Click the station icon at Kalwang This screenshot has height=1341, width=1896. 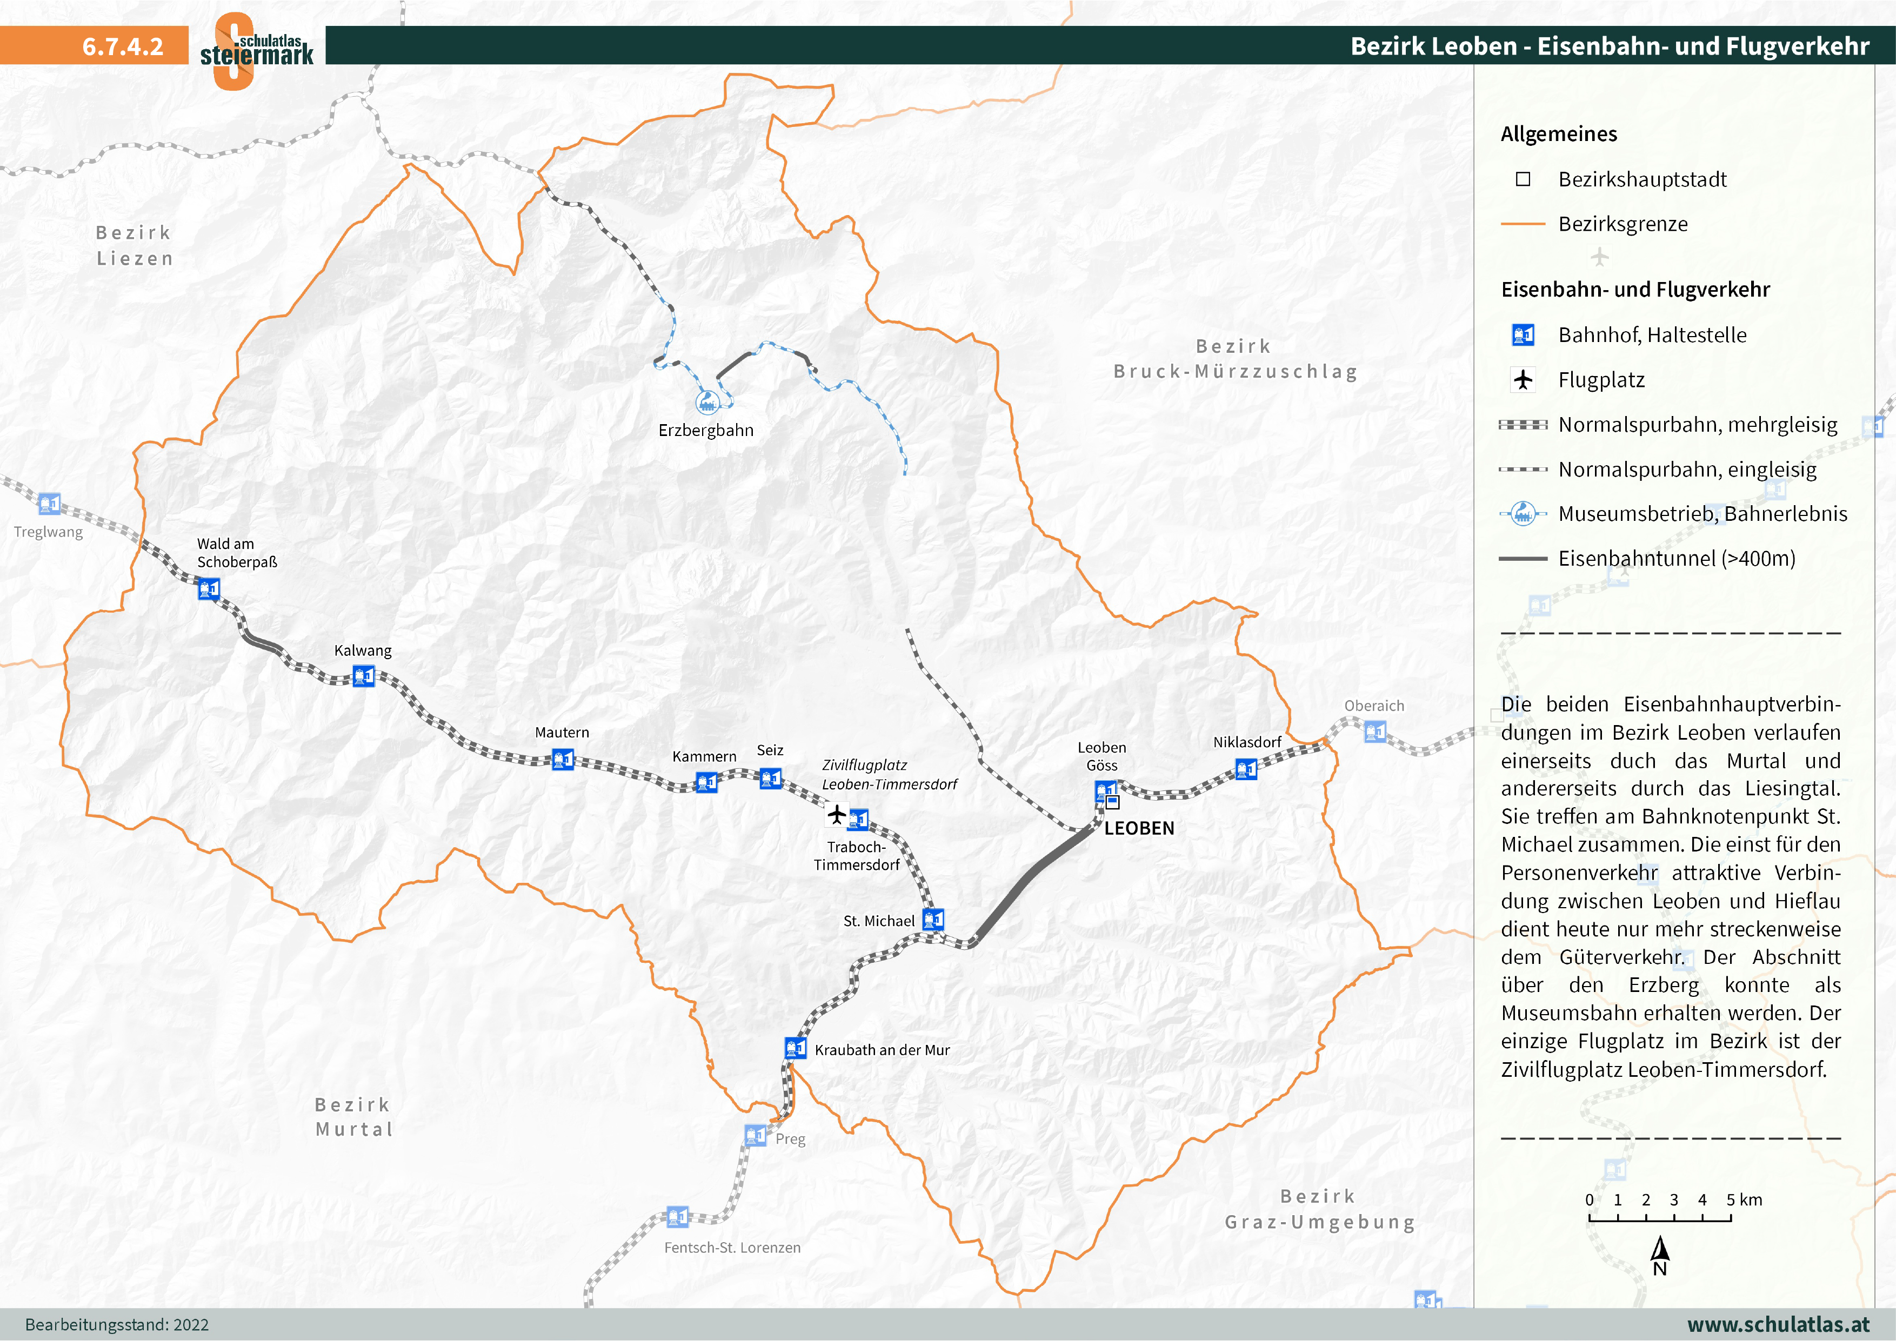[363, 676]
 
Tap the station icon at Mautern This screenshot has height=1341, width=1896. [562, 759]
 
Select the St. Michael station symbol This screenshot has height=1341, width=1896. [933, 919]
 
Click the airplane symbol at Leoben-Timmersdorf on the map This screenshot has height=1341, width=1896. [837, 815]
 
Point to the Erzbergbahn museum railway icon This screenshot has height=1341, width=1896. [707, 402]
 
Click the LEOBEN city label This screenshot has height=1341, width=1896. [1139, 828]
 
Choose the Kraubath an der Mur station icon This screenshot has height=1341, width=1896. [795, 1048]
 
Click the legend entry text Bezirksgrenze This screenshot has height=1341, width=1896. [1622, 224]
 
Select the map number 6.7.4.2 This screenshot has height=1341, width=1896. [122, 46]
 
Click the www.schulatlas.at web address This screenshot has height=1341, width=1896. [1778, 1324]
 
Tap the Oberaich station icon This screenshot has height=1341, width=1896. [1375, 731]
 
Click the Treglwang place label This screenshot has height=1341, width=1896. [48, 532]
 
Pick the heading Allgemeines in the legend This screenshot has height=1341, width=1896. [1558, 134]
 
